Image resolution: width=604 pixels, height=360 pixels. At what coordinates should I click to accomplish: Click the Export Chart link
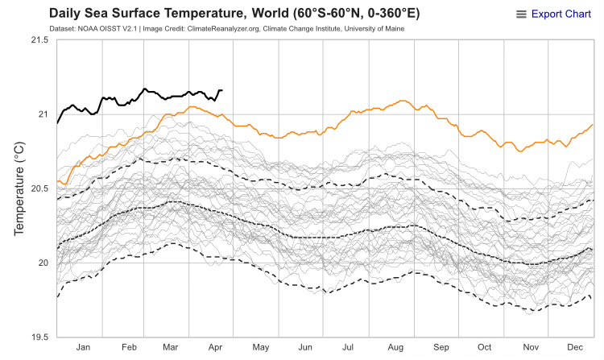561,14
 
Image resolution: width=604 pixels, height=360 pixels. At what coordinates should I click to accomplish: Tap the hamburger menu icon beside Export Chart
521,14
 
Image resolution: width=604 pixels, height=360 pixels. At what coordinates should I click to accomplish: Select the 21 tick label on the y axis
42,114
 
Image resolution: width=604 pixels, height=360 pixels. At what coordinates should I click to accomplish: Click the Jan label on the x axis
82,347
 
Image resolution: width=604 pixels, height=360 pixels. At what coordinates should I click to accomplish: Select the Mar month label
170,347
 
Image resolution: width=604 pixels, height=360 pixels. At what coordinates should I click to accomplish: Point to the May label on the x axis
260,347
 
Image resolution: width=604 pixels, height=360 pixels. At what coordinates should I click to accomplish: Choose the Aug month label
395,347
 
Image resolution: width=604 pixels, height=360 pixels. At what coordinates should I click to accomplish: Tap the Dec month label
573,347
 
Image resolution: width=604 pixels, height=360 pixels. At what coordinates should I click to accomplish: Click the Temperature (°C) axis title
20,188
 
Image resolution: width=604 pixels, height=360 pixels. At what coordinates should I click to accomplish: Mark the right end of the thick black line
222,90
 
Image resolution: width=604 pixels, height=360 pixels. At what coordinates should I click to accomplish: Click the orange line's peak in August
402,101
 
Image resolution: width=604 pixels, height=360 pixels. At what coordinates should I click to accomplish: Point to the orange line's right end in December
593,125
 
